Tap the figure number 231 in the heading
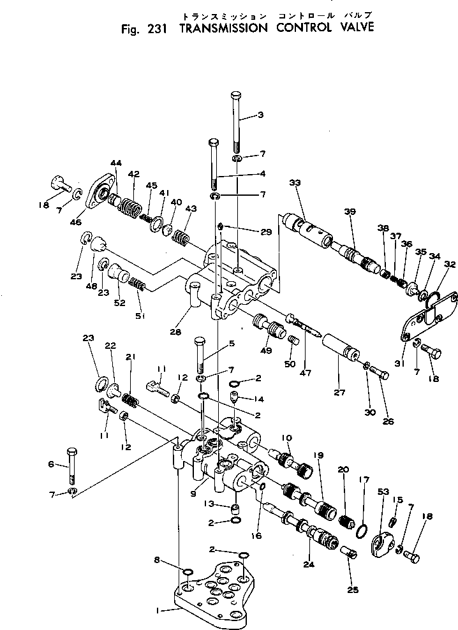pos(152,28)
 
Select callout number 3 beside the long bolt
pos(260,115)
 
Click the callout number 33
pos(294,184)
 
